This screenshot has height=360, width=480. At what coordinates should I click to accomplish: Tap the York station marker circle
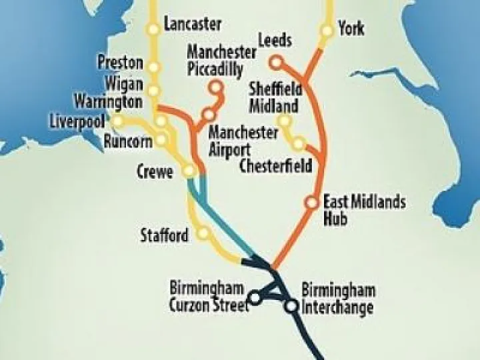pyautogui.click(x=327, y=31)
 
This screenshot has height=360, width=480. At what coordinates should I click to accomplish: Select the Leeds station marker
pyautogui.click(x=277, y=63)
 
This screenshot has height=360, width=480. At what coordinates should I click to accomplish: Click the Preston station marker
pyautogui.click(x=154, y=67)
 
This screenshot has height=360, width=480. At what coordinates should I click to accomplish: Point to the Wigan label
pyautogui.click(x=123, y=84)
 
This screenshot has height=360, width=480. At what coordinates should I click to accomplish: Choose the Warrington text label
pyautogui.click(x=108, y=102)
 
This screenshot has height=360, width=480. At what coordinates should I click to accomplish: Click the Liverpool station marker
pyautogui.click(x=118, y=121)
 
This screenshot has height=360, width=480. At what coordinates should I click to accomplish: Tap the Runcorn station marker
pyautogui.click(x=161, y=141)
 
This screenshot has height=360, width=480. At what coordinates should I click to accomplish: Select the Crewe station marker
pyautogui.click(x=189, y=171)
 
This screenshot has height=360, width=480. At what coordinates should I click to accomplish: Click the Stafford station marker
pyautogui.click(x=203, y=233)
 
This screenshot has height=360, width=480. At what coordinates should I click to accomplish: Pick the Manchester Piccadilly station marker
pyautogui.click(x=215, y=87)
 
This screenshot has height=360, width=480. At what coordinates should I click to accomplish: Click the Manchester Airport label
pyautogui.click(x=243, y=140)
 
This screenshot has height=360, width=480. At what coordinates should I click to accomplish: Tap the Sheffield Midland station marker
pyautogui.click(x=285, y=121)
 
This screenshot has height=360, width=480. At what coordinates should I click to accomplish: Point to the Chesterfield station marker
pyautogui.click(x=299, y=143)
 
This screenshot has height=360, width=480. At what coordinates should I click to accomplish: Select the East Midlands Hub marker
pyautogui.click(x=311, y=202)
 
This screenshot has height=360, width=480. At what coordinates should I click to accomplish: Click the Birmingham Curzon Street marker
pyautogui.click(x=254, y=297)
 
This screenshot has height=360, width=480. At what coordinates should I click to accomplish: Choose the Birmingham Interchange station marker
pyautogui.click(x=291, y=306)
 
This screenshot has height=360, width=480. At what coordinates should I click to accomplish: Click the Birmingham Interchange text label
pyautogui.click(x=337, y=299)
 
